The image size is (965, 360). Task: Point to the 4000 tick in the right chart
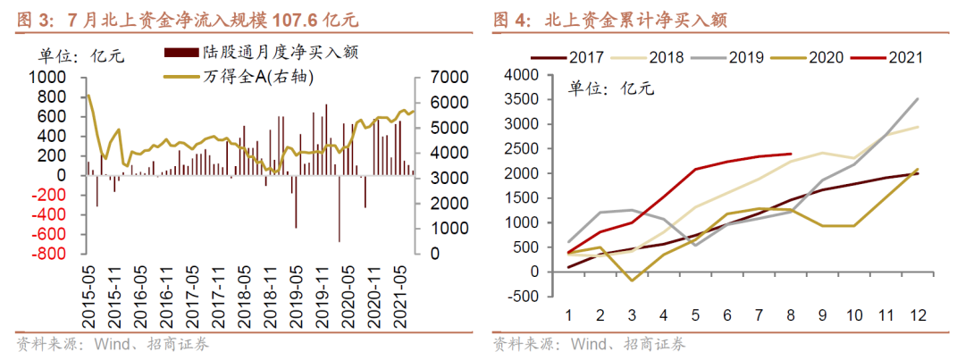click(537, 75)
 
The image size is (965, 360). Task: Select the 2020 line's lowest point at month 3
click(632, 280)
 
